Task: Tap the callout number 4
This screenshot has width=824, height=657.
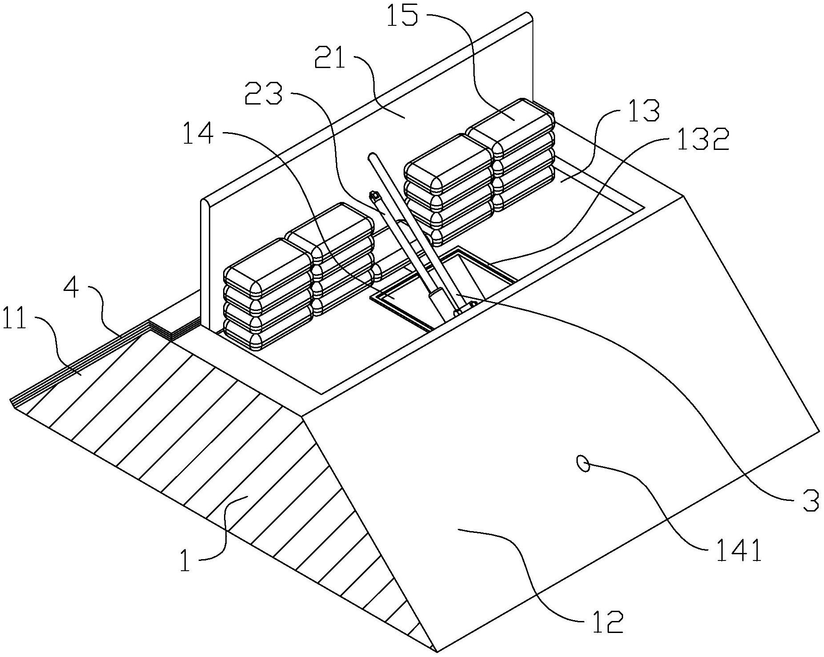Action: click(x=72, y=289)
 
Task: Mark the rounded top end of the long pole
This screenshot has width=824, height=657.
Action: click(x=372, y=157)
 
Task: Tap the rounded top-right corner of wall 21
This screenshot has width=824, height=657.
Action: click(x=528, y=16)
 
